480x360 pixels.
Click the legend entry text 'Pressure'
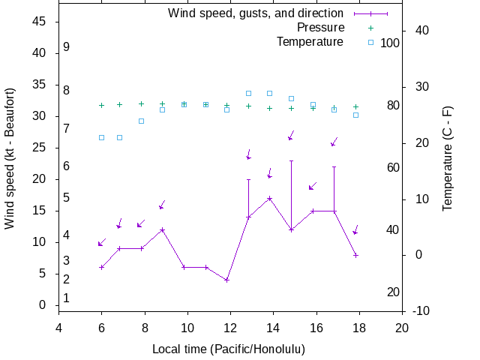[x=320, y=28]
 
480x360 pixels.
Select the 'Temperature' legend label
[x=310, y=42]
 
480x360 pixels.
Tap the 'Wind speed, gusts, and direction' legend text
[x=256, y=13]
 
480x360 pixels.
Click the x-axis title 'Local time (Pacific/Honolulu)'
[x=229, y=349]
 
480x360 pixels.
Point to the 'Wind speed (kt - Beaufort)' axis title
[x=10, y=158]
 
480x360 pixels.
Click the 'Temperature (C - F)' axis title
[x=448, y=158]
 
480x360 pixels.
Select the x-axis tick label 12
[x=230, y=328]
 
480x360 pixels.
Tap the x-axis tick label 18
[x=359, y=328]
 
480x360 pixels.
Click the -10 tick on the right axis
[x=421, y=311]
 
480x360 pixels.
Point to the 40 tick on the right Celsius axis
[x=421, y=31]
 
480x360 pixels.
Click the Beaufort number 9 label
[x=67, y=47]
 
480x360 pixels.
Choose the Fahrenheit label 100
[x=390, y=43]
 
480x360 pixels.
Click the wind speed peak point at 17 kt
[x=270, y=198]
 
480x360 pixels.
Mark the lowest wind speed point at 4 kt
[x=226, y=280]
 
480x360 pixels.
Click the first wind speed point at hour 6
[x=102, y=267]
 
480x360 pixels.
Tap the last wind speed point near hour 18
[x=355, y=255]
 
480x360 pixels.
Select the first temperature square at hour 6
[x=102, y=137]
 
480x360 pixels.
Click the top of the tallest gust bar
[x=291, y=160]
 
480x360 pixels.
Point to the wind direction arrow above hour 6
[x=102, y=242]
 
